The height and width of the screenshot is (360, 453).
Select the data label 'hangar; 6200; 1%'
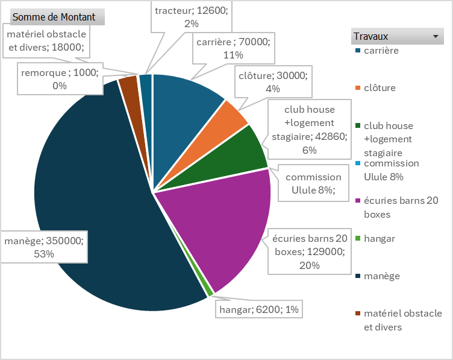click(258, 310)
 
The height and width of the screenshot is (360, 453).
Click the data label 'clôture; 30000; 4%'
click(273, 82)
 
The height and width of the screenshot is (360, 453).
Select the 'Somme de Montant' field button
click(54, 17)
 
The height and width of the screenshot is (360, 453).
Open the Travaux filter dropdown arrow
click(434, 36)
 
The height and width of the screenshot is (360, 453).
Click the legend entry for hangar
click(380, 239)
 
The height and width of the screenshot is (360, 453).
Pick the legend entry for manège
click(382, 276)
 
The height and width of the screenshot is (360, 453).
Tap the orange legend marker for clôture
click(358, 88)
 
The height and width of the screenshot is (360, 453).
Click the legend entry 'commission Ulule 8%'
click(391, 170)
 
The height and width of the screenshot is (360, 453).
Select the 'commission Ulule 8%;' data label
click(313, 184)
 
